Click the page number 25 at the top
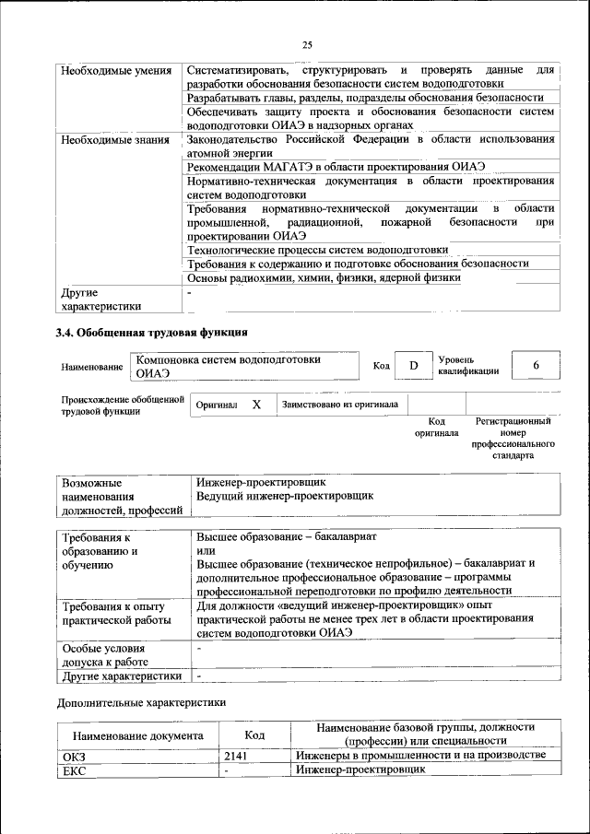(307, 44)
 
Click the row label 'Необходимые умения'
(115, 71)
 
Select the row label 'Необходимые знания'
(114, 140)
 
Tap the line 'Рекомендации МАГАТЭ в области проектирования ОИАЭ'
(336, 167)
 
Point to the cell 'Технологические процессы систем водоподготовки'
(317, 250)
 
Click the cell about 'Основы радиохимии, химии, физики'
(324, 277)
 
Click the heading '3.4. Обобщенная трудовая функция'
(151, 333)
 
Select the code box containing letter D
(414, 366)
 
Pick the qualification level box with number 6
(536, 366)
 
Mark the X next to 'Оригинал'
(257, 405)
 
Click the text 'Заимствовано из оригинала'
(340, 405)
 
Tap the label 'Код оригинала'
(436, 427)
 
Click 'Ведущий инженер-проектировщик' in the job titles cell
(285, 496)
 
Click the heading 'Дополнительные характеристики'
(140, 703)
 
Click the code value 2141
(236, 756)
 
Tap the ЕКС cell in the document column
(74, 770)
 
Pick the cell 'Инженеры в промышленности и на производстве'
(420, 756)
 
